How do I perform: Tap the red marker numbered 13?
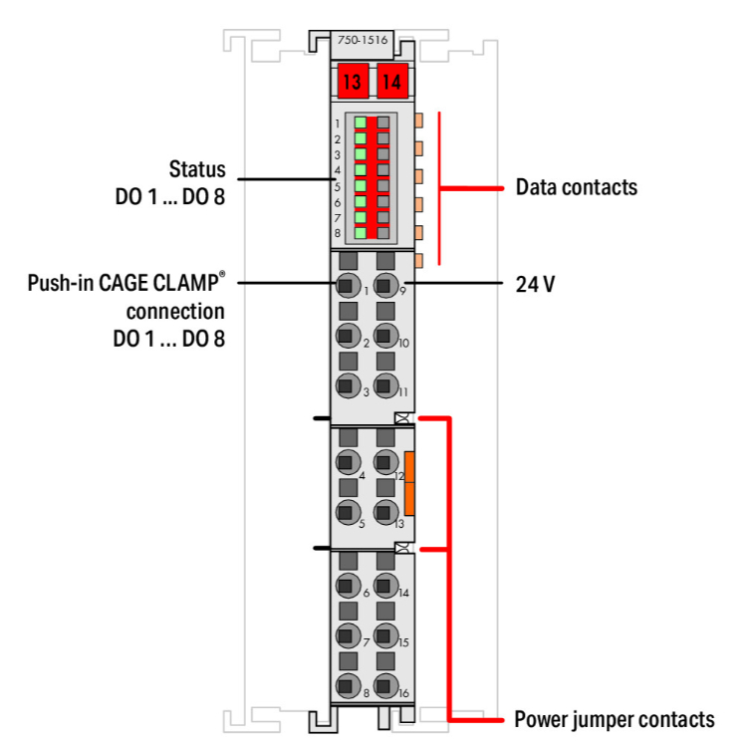[351, 82]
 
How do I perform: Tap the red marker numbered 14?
[392, 82]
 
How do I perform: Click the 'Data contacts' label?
[576, 187]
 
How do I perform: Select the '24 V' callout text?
[535, 284]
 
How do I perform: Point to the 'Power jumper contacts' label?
[615, 719]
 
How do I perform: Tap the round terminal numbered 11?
[384, 387]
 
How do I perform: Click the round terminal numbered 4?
[346, 461]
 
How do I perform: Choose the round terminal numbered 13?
[384, 513]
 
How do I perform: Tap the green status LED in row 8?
[361, 232]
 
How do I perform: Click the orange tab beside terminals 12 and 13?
[409, 483]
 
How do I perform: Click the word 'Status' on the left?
[197, 168]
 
